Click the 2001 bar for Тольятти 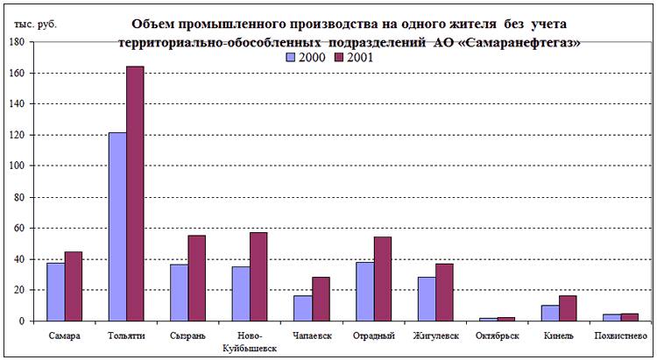coord(135,194)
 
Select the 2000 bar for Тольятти coord(117,227)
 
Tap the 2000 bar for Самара coord(55,292)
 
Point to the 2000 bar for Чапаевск coord(303,308)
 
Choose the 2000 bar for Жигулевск coord(427,299)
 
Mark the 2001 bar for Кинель coord(569,308)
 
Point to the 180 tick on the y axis coord(17,42)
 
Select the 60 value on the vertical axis coord(19,229)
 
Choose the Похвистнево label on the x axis coord(621,336)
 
